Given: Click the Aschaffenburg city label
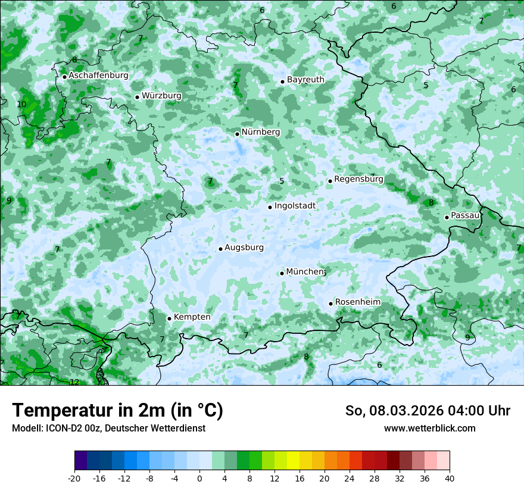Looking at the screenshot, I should (x=98, y=76).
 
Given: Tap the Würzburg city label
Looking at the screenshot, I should (x=161, y=96).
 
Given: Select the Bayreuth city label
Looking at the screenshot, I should (x=305, y=80).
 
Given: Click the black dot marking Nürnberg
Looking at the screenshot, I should (x=237, y=134).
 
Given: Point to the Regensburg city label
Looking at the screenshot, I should (x=358, y=179).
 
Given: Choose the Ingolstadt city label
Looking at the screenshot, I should (x=295, y=206).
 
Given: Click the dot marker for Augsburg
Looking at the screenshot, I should (x=220, y=249).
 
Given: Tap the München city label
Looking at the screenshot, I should (x=305, y=272).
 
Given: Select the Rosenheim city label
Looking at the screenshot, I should (x=357, y=302).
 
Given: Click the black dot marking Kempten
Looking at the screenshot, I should (x=169, y=318).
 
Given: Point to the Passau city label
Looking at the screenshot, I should (x=465, y=215).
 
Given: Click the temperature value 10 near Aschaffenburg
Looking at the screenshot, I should (x=21, y=105).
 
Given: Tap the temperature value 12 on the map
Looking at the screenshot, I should (x=74, y=382).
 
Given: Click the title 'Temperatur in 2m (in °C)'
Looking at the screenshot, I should (x=117, y=411).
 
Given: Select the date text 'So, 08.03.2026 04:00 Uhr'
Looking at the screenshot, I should (x=428, y=411).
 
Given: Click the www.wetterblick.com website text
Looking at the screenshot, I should (x=429, y=428).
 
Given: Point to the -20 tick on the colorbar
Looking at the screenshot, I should (x=74, y=478).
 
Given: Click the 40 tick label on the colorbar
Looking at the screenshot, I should (x=449, y=478).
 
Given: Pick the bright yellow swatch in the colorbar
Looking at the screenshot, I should (x=293, y=461).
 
